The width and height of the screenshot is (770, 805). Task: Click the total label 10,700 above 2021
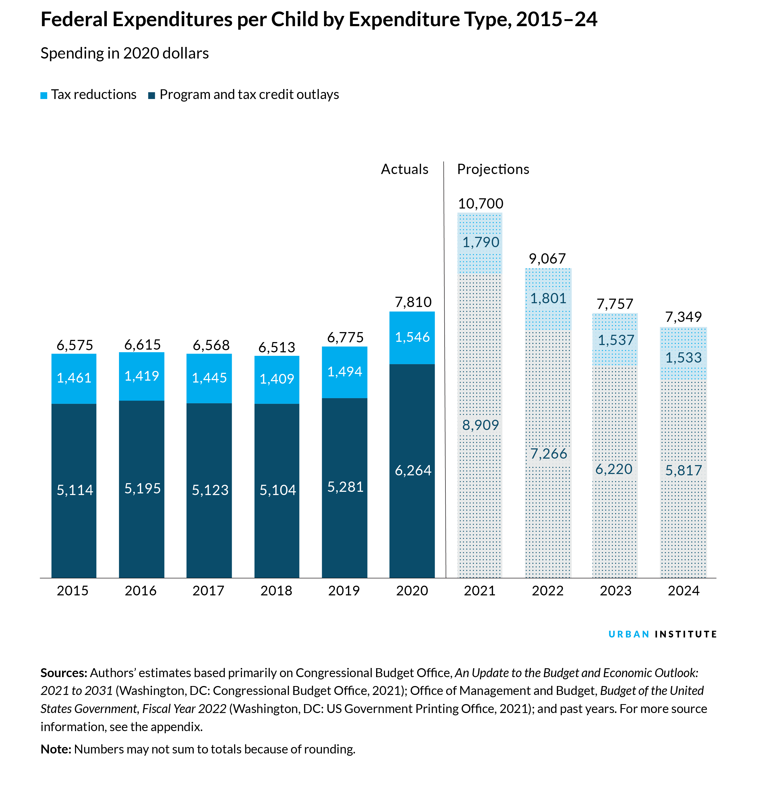[x=480, y=204]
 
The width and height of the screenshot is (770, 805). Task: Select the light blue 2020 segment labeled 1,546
[x=412, y=337]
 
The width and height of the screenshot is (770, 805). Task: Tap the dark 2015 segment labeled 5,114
[x=74, y=490]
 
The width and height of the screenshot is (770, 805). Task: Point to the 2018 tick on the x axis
[x=276, y=591]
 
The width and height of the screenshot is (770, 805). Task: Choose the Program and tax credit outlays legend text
[x=249, y=95]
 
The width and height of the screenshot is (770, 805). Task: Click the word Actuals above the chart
[x=404, y=169]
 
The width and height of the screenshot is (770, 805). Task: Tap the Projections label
[x=493, y=169]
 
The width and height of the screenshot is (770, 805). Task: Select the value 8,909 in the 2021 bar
[x=480, y=425]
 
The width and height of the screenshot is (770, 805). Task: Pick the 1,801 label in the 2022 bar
[x=548, y=298]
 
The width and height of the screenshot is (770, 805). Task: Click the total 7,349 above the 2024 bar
[x=683, y=317]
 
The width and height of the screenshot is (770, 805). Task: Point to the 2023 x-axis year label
[x=615, y=591]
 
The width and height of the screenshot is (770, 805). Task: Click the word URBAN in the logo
[x=628, y=634]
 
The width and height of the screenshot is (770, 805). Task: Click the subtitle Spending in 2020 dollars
[x=124, y=53]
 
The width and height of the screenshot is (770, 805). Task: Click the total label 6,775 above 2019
[x=345, y=337]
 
